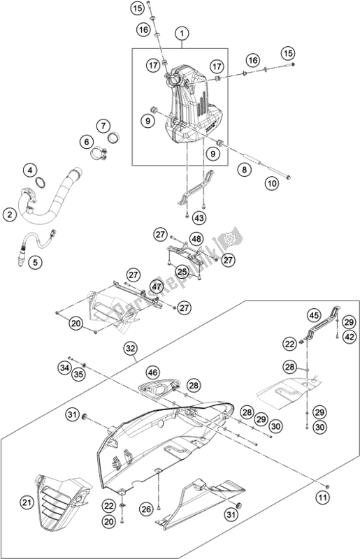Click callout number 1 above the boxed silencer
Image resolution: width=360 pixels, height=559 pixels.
181,33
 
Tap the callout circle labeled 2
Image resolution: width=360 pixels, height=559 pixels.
10,215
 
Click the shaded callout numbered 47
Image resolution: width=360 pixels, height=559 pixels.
137,286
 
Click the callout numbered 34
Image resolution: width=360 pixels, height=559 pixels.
64,367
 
